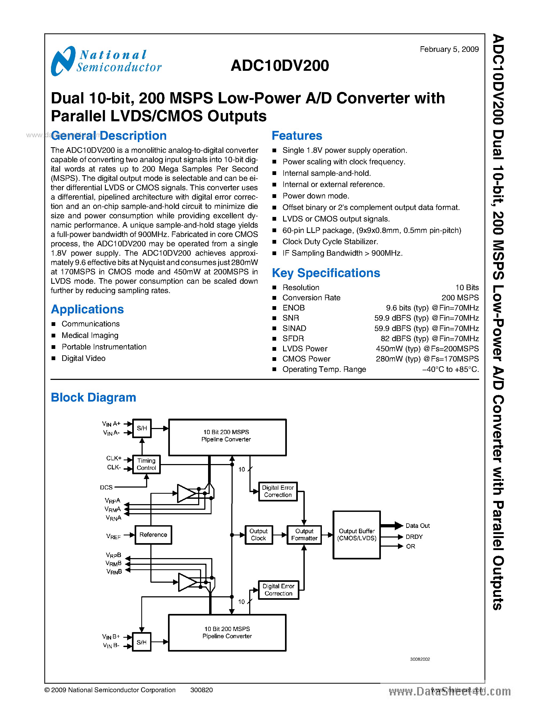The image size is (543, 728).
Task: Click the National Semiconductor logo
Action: [x=106, y=61]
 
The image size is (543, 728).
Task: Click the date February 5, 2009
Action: [x=449, y=49]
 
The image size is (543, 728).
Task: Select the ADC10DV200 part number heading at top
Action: [x=280, y=65]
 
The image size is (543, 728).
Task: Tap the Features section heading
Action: [x=297, y=135]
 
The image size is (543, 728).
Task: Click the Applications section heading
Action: [x=87, y=309]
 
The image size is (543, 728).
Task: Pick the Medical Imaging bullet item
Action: [x=90, y=335]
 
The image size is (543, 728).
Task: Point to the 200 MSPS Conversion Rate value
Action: [x=460, y=298]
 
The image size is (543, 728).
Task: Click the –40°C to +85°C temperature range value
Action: [x=450, y=369]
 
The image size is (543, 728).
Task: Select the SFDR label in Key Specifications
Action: [x=293, y=338]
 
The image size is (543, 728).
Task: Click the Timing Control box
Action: [x=146, y=464]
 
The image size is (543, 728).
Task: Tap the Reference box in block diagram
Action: [x=153, y=535]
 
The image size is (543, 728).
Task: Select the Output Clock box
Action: [x=258, y=535]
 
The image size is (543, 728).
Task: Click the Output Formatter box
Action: [x=304, y=535]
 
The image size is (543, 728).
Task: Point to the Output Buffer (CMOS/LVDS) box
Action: [x=357, y=535]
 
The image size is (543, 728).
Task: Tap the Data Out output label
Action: [x=417, y=525]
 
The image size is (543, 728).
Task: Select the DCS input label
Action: [x=106, y=487]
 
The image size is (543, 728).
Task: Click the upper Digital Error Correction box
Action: [x=278, y=491]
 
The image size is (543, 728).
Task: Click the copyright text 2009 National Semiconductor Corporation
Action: [x=110, y=690]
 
